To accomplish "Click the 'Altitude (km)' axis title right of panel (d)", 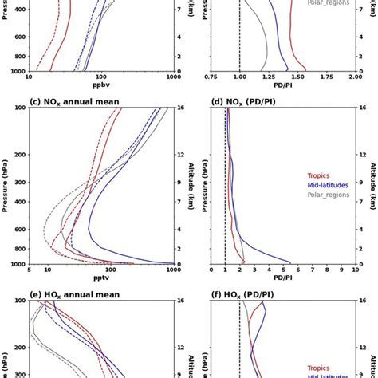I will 372,186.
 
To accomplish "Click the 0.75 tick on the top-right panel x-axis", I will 211,77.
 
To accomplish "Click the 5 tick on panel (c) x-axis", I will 29,270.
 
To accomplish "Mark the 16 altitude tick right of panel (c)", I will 182,108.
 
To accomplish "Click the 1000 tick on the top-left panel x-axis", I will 171,77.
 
